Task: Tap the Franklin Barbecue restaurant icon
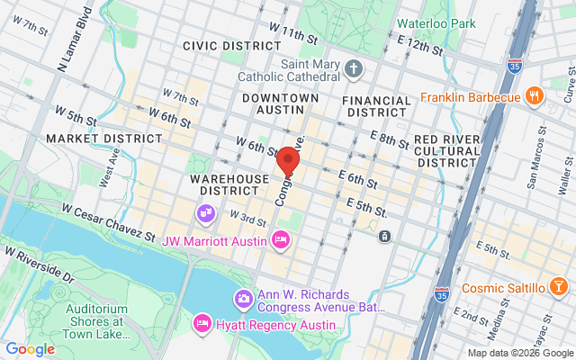534,94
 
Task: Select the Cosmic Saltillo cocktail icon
558,288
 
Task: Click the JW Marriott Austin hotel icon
280,240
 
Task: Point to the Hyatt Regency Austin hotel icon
202,322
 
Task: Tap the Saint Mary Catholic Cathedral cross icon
354,68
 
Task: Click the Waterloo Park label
436,23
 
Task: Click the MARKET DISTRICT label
104,139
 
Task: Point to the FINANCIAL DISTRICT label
378,105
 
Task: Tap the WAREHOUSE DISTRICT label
229,184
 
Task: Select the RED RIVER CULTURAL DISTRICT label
446,150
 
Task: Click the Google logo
30,349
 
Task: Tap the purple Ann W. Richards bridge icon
243,299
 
